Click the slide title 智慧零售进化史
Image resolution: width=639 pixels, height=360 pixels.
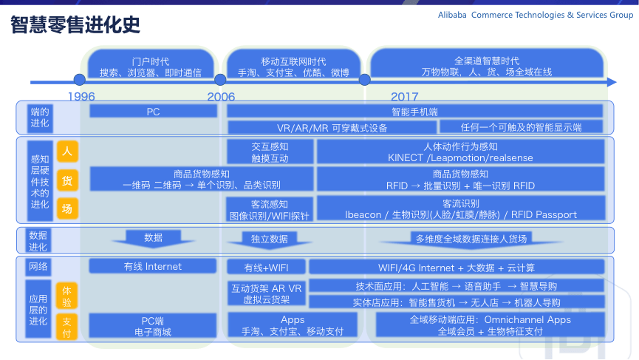point(75,26)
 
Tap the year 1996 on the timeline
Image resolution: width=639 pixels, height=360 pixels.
point(81,96)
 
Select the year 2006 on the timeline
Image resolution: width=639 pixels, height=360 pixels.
point(221,96)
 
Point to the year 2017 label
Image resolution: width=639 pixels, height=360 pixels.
point(404,96)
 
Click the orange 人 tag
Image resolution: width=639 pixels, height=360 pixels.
point(66,152)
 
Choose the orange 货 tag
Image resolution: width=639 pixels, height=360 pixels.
point(66,180)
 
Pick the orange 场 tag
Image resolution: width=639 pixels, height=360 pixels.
point(66,209)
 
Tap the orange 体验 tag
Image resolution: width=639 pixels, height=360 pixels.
point(66,296)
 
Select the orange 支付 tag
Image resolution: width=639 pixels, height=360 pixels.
point(66,327)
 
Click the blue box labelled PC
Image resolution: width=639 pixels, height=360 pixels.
point(153,112)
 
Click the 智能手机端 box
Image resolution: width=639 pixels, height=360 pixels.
point(414,112)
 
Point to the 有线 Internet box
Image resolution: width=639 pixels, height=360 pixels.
point(153,266)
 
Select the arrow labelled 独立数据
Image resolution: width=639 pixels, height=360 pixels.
point(268,239)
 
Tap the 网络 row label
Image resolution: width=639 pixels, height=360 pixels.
point(38,266)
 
